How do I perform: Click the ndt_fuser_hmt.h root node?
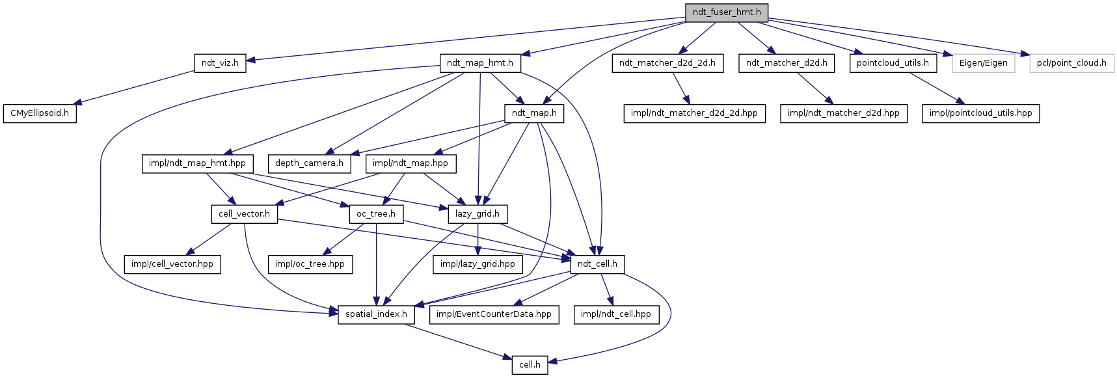(x=726, y=12)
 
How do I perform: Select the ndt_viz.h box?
(x=220, y=63)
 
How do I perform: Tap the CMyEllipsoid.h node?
(x=39, y=113)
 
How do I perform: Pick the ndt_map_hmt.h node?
(x=480, y=63)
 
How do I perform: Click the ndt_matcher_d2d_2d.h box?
(x=667, y=63)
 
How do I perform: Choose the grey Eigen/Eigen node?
(x=983, y=63)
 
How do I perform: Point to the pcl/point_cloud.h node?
(x=1071, y=63)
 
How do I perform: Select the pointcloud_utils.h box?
(x=893, y=63)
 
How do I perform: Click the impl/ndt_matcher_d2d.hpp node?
(x=843, y=113)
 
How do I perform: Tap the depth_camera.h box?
(x=309, y=163)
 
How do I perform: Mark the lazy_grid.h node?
(x=478, y=214)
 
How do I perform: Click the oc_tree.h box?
(x=376, y=214)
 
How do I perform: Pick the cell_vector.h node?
(x=244, y=214)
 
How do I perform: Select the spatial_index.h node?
(x=376, y=314)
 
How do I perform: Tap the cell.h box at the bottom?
(x=530, y=365)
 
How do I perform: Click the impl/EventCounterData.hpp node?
(x=494, y=314)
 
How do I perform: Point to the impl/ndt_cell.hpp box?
(x=615, y=314)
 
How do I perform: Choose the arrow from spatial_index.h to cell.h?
(x=455, y=340)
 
